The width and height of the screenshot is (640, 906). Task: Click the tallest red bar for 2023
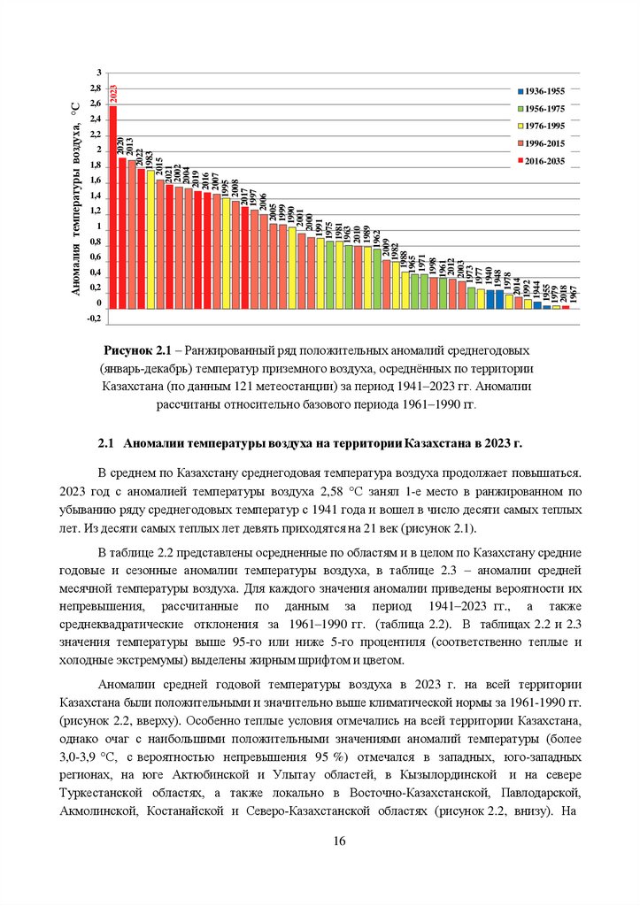click(112, 208)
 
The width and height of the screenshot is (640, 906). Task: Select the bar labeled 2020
click(122, 234)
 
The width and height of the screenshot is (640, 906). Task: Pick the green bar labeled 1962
click(377, 279)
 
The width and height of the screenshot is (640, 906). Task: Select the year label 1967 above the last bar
click(574, 296)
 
